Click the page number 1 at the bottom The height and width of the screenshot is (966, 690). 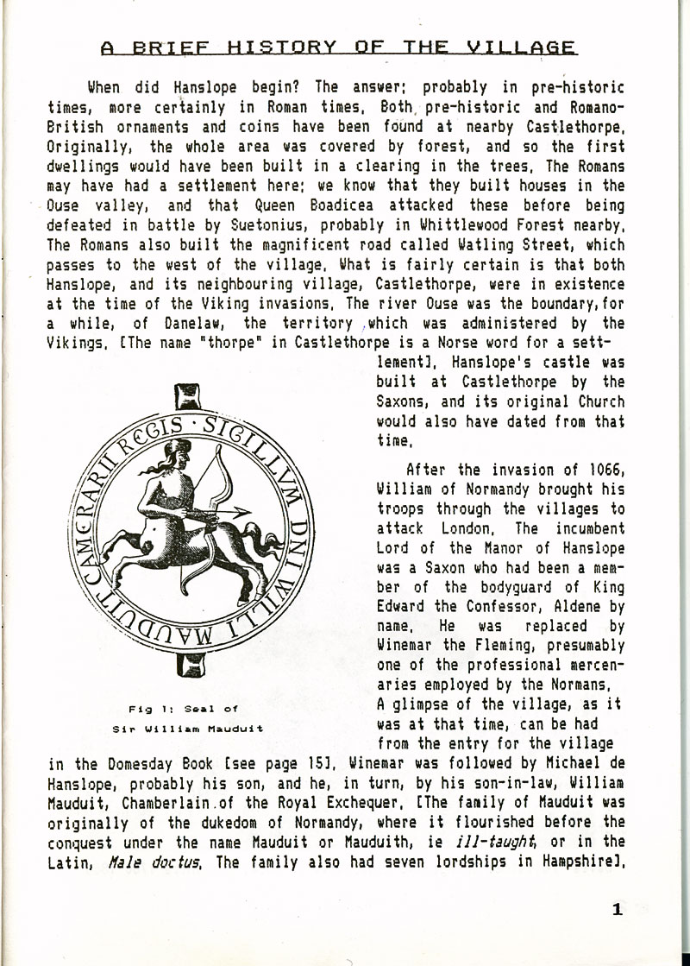click(x=617, y=908)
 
